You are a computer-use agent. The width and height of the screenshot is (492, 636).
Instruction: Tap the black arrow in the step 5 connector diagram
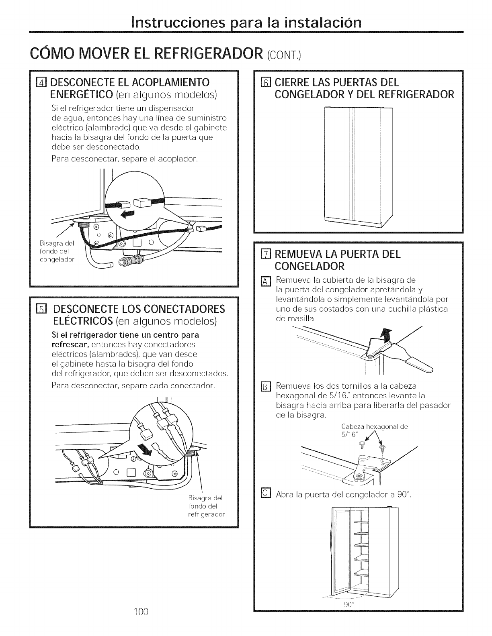144,450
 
